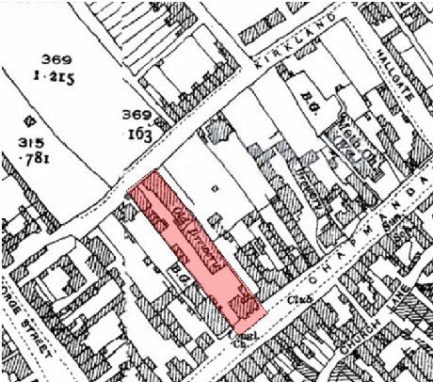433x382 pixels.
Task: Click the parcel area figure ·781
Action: (x=37, y=156)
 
